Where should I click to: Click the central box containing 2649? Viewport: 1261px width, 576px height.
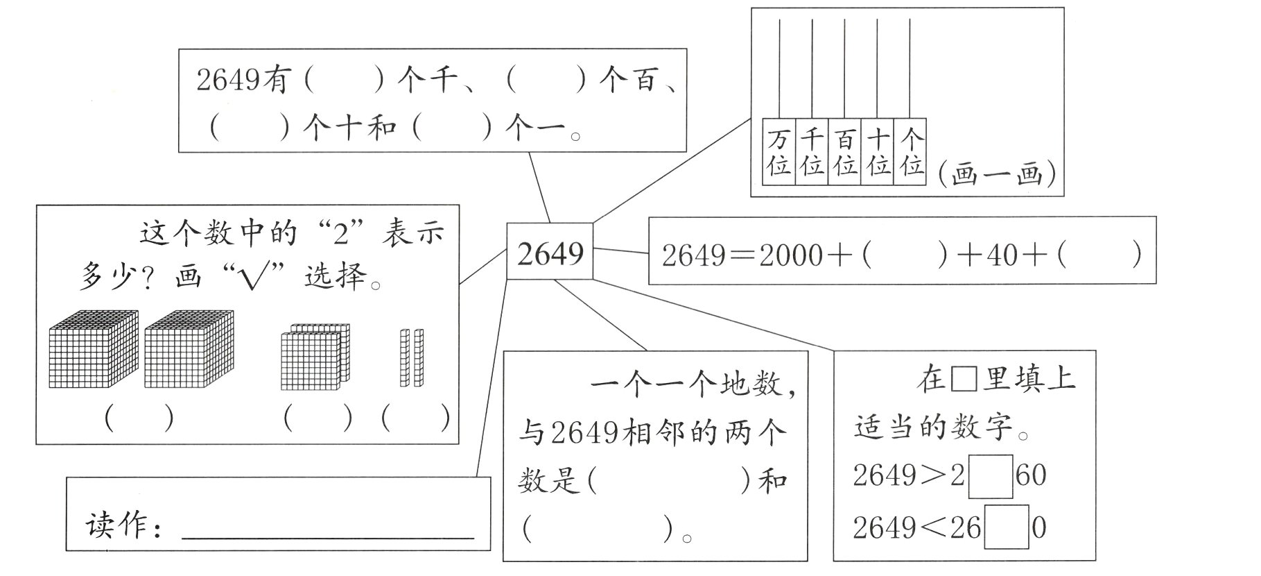[x=550, y=251]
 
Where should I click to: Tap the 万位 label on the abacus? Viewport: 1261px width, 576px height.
[x=779, y=152]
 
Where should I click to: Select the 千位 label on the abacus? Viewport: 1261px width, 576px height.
[x=811, y=152]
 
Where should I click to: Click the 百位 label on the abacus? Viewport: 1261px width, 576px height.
[x=844, y=152]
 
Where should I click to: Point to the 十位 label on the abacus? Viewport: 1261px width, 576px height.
[x=877, y=152]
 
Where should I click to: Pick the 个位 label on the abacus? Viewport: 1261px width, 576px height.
[x=910, y=152]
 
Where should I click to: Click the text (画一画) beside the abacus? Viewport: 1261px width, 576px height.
[x=996, y=174]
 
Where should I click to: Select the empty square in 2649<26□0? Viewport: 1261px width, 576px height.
[x=1007, y=528]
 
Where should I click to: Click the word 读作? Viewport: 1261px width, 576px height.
[x=119, y=525]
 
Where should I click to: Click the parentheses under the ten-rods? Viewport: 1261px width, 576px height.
[x=415, y=418]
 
